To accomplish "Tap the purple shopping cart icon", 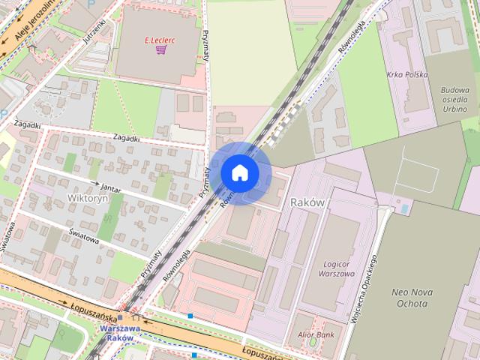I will point(160,49).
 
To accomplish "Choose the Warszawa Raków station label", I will point(119,333).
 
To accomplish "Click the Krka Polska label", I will point(408,75).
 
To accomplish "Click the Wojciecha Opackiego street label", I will point(361,289).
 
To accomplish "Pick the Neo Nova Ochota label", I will point(410,298).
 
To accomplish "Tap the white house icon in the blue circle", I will point(240,172).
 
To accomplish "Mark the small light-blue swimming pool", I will point(406,208).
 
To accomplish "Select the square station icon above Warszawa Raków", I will point(121,318).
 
